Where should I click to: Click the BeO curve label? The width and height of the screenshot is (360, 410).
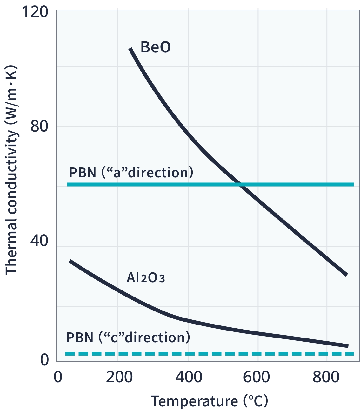[156, 47]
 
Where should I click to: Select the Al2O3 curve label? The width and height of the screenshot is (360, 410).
[146, 278]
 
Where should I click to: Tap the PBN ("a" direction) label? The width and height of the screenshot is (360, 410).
[131, 173]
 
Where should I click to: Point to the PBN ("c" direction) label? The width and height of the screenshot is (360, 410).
[128, 338]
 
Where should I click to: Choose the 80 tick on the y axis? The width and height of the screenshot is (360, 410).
[39, 126]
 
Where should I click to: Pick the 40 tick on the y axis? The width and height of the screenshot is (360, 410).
[39, 240]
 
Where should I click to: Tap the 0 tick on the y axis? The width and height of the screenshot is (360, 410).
[44, 359]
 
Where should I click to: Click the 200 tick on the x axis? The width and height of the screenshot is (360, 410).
[119, 377]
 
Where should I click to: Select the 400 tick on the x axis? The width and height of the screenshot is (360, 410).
[189, 377]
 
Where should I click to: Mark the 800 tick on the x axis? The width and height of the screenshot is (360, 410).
[326, 377]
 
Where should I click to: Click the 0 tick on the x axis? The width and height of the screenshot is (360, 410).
[58, 377]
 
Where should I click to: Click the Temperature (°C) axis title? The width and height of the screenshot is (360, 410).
[209, 401]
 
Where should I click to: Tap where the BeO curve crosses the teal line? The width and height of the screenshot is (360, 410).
[240, 185]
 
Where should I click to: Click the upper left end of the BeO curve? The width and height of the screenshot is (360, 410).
[130, 49]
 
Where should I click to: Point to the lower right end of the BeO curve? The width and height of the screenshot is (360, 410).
[346, 274]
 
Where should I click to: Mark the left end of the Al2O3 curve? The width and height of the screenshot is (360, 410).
[70, 261]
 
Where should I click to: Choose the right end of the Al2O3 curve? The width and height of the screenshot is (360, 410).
[348, 346]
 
